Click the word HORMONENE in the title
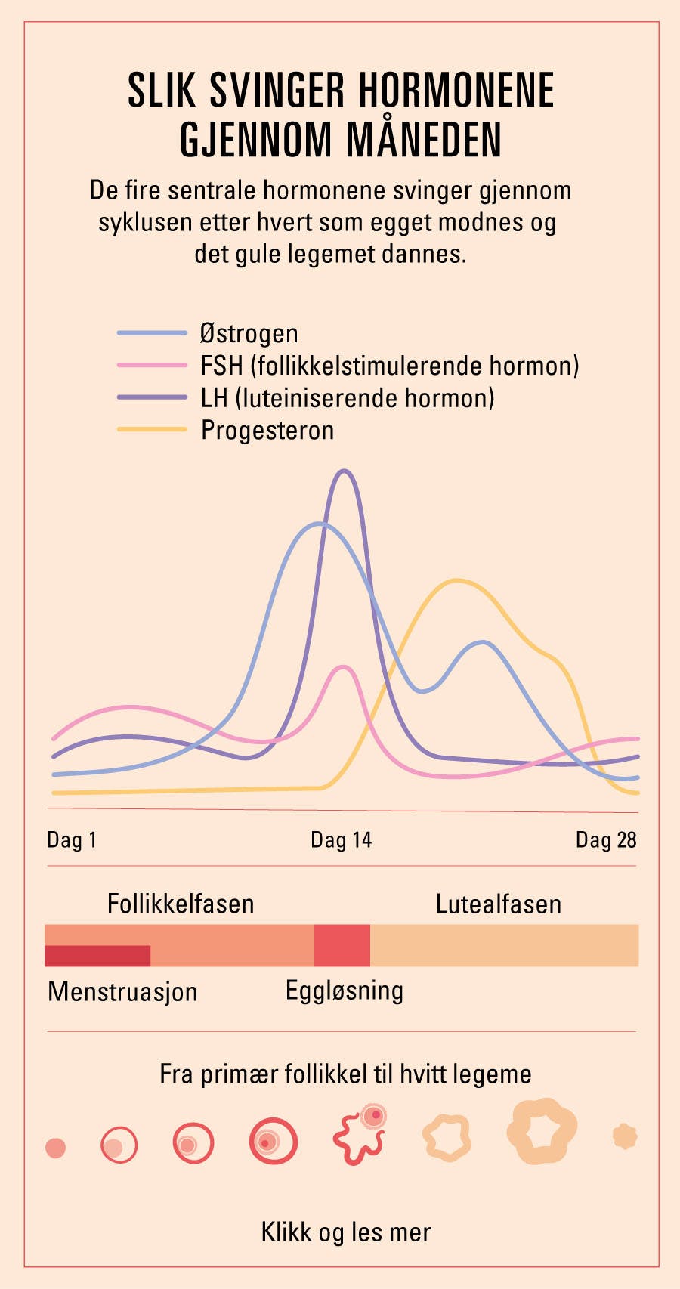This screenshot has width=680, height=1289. coord(456,91)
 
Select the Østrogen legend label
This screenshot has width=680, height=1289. coord(249,333)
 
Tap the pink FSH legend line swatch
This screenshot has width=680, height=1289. coord(152,366)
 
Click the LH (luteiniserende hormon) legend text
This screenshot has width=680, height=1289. coord(348,398)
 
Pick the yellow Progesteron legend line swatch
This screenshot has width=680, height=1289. coord(152,430)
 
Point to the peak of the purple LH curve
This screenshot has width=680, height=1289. coord(345,471)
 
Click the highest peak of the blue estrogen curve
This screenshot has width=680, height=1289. coord(320,523)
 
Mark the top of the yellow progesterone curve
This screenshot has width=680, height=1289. coord(456,580)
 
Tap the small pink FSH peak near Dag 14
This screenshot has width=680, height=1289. coord(344,667)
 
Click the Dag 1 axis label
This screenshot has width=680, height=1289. coord(72,840)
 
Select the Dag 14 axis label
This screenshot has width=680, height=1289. coord(341,840)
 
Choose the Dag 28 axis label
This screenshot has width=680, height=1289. coord(606,840)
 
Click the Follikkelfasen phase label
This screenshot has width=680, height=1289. coord(181,904)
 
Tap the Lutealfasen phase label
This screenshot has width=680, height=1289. coord(499,904)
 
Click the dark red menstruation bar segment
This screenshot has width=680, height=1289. coord(97,956)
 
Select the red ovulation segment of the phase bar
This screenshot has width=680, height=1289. coord(342,945)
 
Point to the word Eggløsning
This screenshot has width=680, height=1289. coord(345,991)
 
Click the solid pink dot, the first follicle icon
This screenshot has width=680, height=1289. coord(56,1148)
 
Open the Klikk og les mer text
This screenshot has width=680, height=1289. coord(346,1232)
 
